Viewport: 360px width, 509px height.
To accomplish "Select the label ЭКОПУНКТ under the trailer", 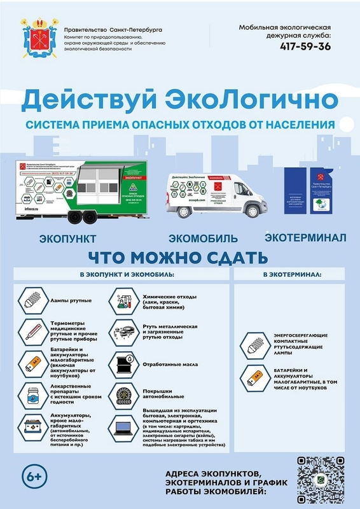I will click(x=67, y=239).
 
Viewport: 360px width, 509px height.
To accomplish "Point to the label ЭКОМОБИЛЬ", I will click(x=203, y=239).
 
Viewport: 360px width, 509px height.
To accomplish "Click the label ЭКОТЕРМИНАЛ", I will click(x=305, y=237).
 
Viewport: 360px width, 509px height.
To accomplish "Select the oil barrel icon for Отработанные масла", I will click(x=123, y=365).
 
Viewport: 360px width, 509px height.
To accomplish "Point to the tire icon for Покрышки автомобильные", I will click(x=123, y=396).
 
